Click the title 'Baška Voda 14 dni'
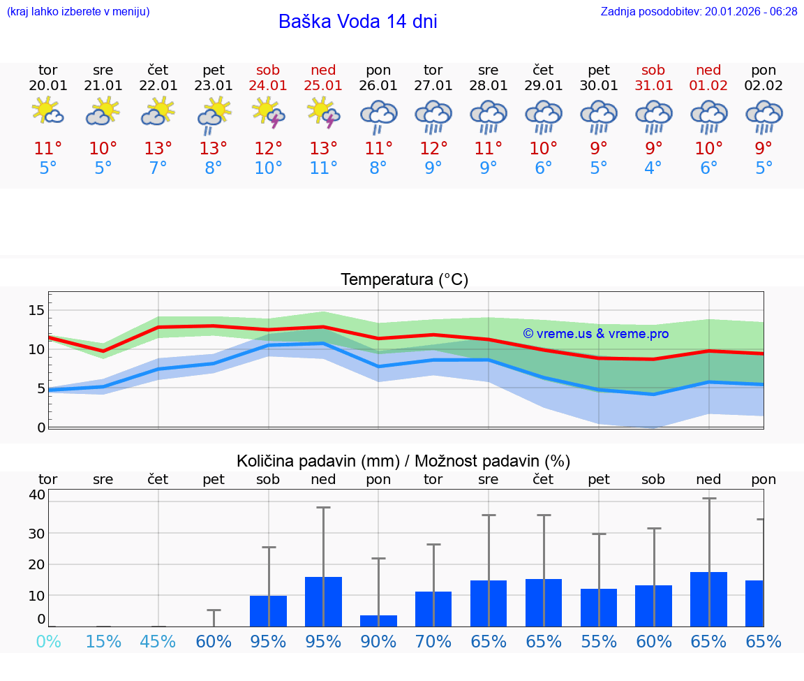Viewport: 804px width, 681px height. [357, 22]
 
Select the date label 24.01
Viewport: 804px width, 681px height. [268, 85]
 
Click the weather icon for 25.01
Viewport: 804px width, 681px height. [323, 113]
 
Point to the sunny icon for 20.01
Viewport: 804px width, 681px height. [47, 112]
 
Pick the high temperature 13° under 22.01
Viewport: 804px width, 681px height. [158, 149]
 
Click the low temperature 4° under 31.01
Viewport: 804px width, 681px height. [653, 168]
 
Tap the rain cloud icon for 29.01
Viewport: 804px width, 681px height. [544, 116]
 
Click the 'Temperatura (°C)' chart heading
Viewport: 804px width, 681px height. [404, 280]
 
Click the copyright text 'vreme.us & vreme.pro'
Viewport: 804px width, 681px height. [595, 334]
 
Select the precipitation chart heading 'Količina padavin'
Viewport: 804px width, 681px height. [403, 461]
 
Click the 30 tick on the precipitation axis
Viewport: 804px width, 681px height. [36, 533]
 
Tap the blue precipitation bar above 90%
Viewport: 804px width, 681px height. [378, 620]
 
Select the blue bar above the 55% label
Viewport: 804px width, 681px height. [599, 607]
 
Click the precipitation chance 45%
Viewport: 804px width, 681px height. [158, 641]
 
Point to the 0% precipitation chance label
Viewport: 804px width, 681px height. [48, 641]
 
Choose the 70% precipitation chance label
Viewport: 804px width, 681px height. [433, 641]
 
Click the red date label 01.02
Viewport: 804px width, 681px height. [708, 85]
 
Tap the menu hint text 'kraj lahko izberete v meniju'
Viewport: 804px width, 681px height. [78, 11]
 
